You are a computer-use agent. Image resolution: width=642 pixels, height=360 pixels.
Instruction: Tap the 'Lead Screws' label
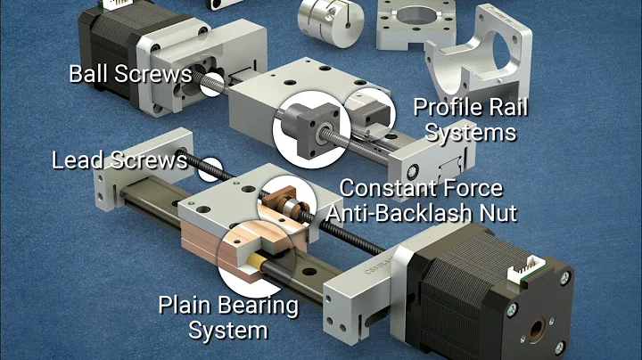pos(119,160)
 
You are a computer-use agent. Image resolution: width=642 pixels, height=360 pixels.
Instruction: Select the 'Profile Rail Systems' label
pos(470,120)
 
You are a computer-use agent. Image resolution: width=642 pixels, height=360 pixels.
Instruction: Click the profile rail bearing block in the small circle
pos(367,109)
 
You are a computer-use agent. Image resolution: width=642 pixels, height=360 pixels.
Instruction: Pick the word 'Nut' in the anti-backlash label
pos(494,211)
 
